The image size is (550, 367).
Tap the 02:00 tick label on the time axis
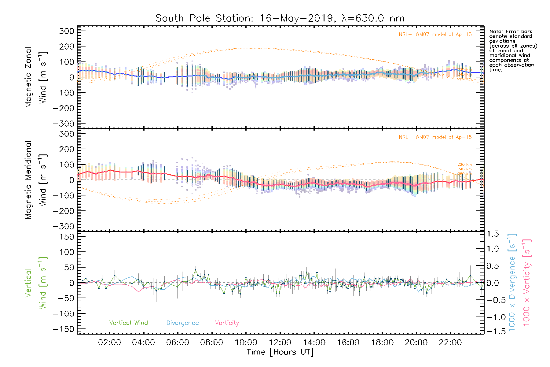click(109, 343)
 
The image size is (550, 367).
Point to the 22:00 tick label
click(450, 343)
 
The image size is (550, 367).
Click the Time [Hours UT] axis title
click(280, 352)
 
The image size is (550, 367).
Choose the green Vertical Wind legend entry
click(128, 323)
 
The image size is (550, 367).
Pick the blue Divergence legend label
click(182, 323)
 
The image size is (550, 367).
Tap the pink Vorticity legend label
click(227, 323)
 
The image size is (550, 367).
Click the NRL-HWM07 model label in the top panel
click(435, 34)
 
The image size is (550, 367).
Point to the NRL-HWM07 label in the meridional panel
click(435, 137)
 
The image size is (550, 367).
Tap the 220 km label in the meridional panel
click(464, 165)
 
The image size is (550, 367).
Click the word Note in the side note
click(495, 32)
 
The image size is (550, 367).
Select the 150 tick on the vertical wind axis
click(67, 237)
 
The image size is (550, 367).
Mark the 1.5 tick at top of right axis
click(493, 234)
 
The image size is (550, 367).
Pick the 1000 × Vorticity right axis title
click(527, 283)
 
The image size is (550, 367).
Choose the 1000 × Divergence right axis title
click(512, 283)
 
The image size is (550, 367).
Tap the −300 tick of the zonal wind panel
click(64, 124)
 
